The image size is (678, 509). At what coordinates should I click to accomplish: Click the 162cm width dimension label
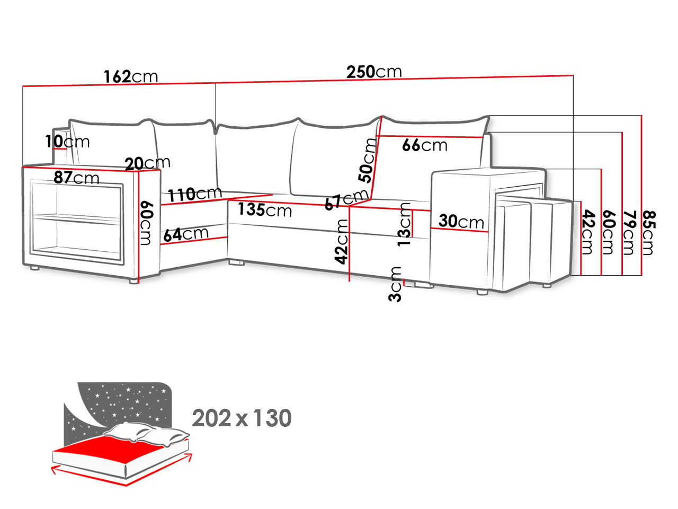pos(130,76)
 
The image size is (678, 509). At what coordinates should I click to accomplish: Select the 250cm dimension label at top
pos(374,71)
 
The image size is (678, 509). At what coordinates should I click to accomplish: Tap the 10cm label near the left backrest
pos(67,142)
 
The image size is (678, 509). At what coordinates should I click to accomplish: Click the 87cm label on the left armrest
pos(76,177)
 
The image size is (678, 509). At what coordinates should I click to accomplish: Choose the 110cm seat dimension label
pos(195,194)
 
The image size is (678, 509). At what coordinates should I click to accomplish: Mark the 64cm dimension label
pos(186,234)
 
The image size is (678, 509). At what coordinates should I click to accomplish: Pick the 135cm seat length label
pos(265,209)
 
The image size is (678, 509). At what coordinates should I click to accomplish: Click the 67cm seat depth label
pos(346,200)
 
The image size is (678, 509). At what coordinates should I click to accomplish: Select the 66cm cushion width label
pos(424,145)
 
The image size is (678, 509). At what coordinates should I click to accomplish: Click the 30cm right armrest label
pos(461,221)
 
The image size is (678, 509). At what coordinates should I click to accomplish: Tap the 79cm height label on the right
pos(629,232)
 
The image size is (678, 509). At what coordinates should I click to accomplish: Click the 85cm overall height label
pos(649,232)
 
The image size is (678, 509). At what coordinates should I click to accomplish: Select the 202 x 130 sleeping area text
pos(242,418)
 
